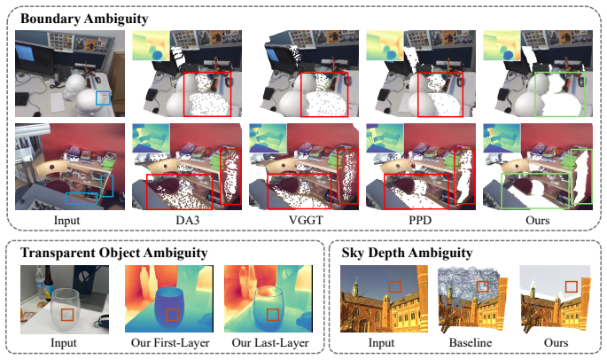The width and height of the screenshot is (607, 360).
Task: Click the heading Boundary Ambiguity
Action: tap(84, 19)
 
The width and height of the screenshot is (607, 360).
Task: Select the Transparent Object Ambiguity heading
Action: tap(113, 253)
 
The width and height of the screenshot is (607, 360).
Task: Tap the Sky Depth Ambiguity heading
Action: tap(407, 253)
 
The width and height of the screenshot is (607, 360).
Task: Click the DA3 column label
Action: tap(188, 220)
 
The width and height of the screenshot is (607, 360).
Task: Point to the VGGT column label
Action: tap(306, 220)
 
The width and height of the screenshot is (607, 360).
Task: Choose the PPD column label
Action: tap(420, 220)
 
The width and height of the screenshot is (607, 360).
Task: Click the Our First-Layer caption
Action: tap(170, 342)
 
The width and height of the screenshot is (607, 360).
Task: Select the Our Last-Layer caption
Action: tap(270, 342)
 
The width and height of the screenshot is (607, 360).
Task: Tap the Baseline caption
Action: tap(471, 342)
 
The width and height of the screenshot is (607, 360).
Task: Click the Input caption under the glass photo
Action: tap(64, 342)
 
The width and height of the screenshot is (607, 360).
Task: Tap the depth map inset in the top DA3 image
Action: tap(151, 46)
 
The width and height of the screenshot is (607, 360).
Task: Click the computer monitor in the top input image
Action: tap(35, 59)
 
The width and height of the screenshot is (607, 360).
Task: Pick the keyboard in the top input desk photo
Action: tap(21, 99)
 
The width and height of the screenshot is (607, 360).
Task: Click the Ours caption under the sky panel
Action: tap(556, 342)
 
